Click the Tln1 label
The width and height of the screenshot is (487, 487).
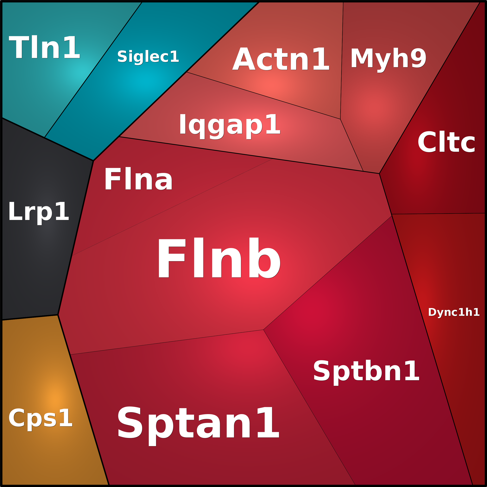click(x=44, y=47)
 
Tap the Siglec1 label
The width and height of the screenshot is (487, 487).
click(x=148, y=56)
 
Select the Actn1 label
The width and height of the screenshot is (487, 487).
click(x=281, y=60)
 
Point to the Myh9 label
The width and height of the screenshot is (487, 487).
click(x=388, y=59)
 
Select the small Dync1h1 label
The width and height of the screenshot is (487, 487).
click(x=453, y=312)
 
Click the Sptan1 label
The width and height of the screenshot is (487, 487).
click(x=198, y=423)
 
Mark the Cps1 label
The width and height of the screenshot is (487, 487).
click(x=40, y=418)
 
